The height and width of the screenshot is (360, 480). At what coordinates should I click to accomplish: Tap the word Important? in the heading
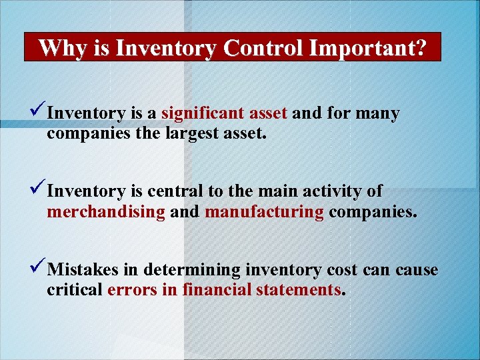click(371, 48)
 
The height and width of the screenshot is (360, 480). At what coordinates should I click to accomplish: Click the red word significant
click(193, 114)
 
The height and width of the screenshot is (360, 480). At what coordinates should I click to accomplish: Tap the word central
click(175, 192)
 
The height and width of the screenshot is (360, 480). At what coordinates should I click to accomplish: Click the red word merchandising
click(106, 213)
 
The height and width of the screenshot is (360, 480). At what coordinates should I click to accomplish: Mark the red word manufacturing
click(265, 213)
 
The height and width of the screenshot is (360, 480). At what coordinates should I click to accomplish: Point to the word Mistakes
click(85, 270)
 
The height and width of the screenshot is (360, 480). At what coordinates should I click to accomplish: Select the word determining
click(191, 271)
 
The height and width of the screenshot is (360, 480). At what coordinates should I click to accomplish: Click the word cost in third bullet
click(342, 271)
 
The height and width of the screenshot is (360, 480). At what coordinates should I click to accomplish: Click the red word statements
click(303, 291)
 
